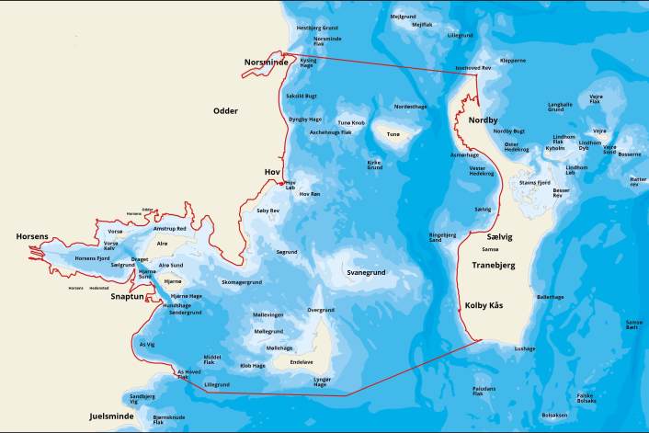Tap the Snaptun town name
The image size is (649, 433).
pos(128,297)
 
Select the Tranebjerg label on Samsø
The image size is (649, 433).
pos(493,265)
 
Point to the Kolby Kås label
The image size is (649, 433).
pos(484,304)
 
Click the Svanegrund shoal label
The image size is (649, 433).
pos(366,273)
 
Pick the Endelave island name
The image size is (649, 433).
pos(302,362)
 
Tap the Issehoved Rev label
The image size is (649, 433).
pos(474,68)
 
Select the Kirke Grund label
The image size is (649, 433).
pos(374,165)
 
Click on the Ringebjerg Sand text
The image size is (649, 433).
pos(443,236)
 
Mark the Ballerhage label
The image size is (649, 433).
pos(550,297)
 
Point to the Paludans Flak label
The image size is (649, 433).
pos(484,391)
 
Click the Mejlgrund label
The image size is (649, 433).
pos(403,16)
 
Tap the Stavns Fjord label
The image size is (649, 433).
pos(534,183)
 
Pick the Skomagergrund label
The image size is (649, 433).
pos(242,282)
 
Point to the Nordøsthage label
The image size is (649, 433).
pos(410,107)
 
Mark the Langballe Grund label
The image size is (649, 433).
pos(560,107)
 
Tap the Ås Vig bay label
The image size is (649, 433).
pos(146,344)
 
